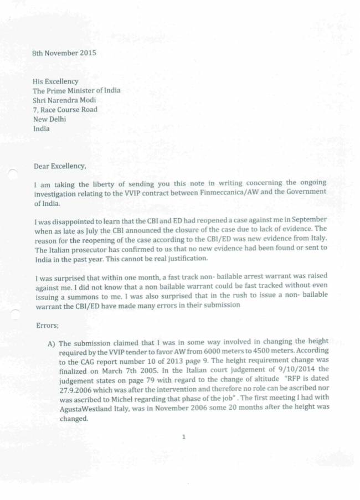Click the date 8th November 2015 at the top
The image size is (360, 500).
click(65, 53)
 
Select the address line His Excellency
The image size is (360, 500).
click(55, 81)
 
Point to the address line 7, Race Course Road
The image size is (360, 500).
click(65, 110)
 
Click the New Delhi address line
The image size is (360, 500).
click(49, 119)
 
